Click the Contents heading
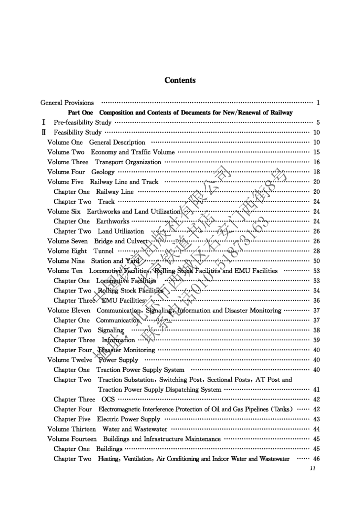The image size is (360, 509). [x=180, y=80]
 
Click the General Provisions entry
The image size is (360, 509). [x=67, y=103]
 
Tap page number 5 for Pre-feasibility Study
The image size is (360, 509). [x=319, y=122]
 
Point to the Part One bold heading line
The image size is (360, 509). [x=180, y=112]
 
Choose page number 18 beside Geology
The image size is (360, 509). [x=317, y=172]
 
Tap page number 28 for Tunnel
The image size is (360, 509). [x=317, y=251]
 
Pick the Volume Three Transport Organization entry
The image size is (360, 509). [x=104, y=162]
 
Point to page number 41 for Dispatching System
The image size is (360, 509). [x=317, y=389]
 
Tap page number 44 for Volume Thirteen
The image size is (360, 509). [x=317, y=429]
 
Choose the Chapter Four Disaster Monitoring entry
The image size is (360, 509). [x=104, y=350]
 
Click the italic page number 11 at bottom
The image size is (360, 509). [x=312, y=469]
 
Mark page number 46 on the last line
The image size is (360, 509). [x=317, y=459]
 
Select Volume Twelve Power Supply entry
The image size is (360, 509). [x=93, y=360]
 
